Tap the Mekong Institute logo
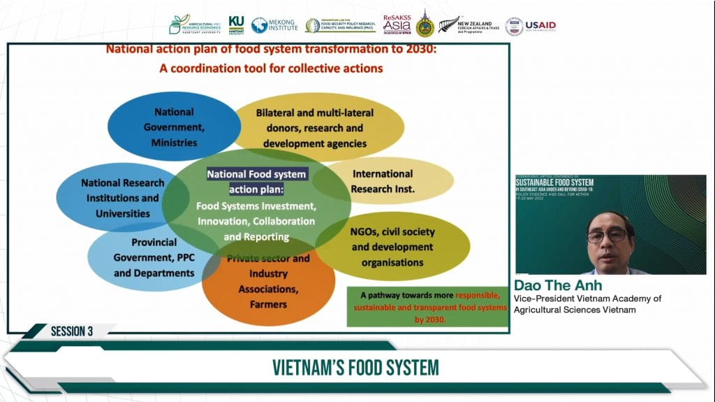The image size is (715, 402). pos(274,25)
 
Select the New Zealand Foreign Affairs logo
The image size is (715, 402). pos(470,26)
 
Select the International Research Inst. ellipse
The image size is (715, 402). pos(382,180)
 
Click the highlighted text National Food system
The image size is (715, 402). pos(256,174)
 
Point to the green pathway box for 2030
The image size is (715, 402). pos(427,306)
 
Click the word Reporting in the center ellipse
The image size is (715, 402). pos(266,236)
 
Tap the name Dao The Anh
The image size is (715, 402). pos(558,286)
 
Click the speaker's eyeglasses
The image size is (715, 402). pos(607,236)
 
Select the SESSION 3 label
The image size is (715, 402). pos(72,331)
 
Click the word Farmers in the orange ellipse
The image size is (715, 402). pos(268,304)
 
